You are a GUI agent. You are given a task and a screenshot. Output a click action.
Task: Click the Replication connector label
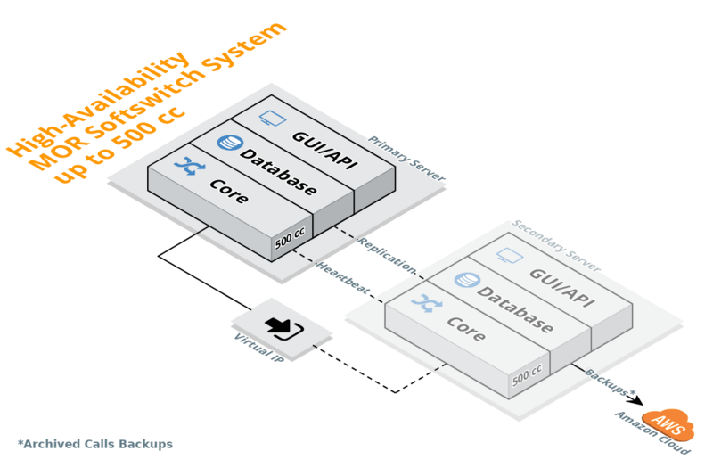pos(386,254)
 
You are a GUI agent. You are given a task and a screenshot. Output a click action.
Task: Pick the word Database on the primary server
pos(277,170)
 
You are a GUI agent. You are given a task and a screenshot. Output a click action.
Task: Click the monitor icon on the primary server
pos(270,117)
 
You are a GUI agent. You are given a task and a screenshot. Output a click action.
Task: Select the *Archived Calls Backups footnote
pos(95,444)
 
